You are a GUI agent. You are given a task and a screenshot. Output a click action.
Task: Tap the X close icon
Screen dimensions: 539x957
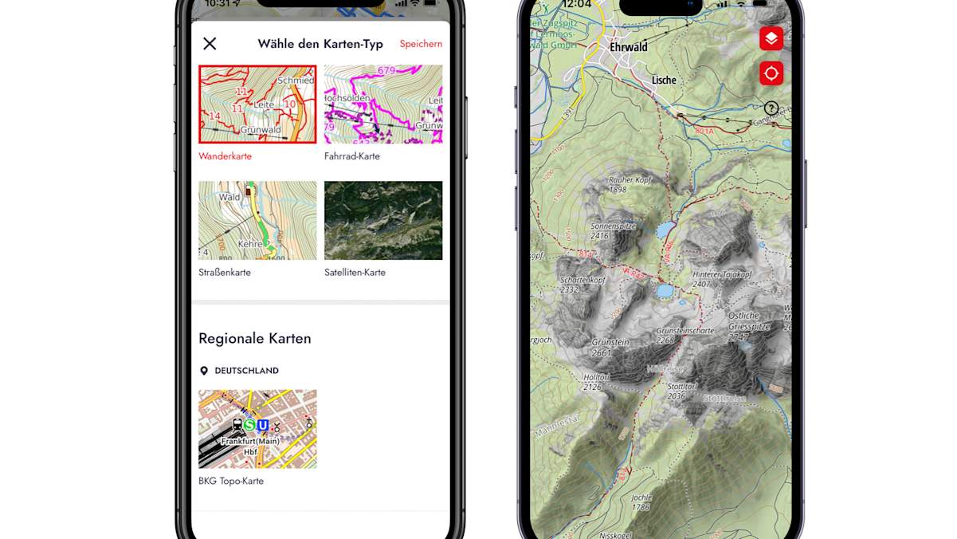210,44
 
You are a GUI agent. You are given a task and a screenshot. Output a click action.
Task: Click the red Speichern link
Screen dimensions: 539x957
421,44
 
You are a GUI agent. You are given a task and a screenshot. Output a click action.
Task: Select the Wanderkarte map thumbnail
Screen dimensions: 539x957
257,104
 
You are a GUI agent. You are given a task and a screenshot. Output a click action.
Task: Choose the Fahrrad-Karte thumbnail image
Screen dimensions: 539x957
383,104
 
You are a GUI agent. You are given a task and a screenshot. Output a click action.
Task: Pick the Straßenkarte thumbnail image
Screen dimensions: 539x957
257,220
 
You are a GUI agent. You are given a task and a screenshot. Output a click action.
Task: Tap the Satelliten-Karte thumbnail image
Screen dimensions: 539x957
383,220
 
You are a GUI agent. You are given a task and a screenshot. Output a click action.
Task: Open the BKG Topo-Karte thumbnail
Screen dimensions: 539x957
257,428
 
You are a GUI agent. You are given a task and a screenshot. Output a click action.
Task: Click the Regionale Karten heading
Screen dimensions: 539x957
255,338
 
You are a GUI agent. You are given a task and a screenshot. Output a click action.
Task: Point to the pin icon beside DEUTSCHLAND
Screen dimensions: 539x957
204,371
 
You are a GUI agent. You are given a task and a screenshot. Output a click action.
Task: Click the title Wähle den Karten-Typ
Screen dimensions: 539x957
320,44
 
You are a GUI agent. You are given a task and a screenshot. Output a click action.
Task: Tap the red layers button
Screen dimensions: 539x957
771,38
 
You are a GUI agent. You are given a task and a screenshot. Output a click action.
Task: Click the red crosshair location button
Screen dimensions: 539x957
771,73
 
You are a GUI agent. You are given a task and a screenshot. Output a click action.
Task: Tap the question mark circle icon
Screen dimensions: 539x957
771,108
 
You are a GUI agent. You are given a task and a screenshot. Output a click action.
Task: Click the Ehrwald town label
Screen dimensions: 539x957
628,47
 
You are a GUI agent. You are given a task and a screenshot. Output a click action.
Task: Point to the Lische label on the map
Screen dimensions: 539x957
664,80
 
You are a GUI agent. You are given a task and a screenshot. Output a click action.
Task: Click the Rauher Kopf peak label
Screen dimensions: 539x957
630,180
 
